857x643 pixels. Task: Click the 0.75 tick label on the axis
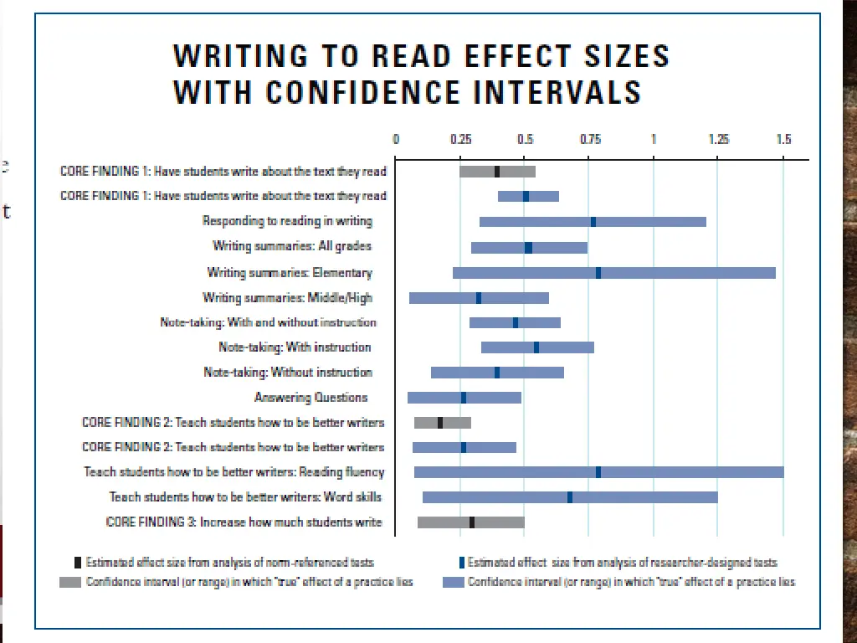point(589,140)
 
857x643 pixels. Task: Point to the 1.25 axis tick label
point(718,140)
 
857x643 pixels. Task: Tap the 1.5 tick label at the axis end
point(783,140)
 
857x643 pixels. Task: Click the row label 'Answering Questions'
point(310,397)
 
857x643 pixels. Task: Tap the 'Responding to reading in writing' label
point(287,221)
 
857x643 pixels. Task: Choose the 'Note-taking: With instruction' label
point(295,347)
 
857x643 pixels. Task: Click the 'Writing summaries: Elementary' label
point(290,272)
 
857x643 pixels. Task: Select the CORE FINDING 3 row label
point(244,522)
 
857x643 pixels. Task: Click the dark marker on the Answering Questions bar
point(464,398)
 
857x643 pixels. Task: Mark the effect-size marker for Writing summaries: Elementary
point(598,272)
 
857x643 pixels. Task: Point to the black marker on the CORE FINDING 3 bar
point(472,522)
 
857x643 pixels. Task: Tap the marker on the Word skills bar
point(570,497)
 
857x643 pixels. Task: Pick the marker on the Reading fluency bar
point(598,472)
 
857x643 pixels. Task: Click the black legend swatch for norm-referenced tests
point(78,563)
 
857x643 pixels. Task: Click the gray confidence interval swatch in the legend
point(69,582)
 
